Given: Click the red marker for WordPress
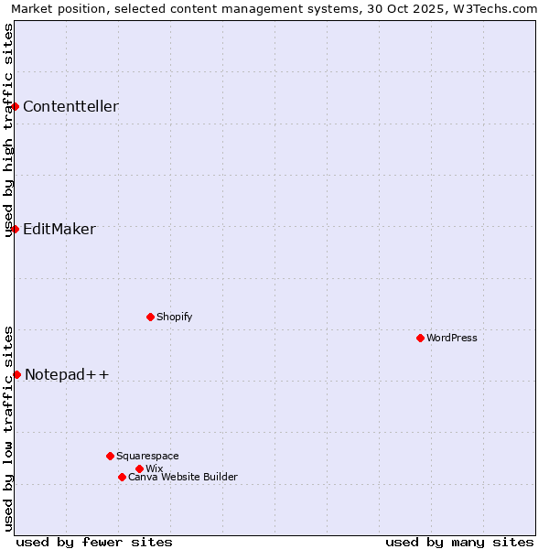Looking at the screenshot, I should (420, 338).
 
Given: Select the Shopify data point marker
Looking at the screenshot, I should (150, 317).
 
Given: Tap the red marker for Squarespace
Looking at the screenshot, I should (110, 456).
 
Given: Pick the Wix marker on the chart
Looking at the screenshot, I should (139, 468).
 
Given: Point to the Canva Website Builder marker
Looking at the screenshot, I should (122, 477).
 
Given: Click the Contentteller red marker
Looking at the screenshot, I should (15, 106).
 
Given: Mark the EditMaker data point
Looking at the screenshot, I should (15, 229).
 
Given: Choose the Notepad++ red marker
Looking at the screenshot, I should (16, 374).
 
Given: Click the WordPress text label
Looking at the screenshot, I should (452, 338).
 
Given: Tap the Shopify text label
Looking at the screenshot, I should (174, 317).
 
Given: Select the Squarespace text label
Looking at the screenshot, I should (147, 456).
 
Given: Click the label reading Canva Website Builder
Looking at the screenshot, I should (183, 477).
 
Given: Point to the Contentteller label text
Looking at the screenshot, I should (70, 106).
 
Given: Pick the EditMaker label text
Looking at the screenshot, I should (59, 229).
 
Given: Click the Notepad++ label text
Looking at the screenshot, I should (67, 374).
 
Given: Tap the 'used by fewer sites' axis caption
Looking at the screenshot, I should (94, 542).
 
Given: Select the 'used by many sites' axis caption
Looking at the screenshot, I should (459, 542).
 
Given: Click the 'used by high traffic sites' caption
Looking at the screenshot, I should (8, 130).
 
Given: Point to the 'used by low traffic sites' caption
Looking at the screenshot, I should (8, 427).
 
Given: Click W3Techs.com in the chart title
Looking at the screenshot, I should (499, 8).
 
